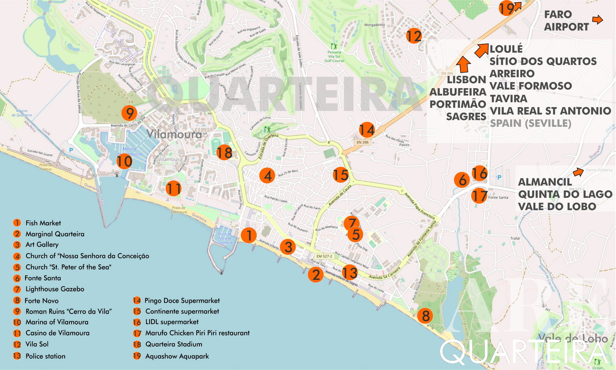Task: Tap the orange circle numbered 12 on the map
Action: pos(414,36)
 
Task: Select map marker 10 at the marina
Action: pos(125,162)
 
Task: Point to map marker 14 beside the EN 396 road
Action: pos(367,130)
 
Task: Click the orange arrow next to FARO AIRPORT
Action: pos(597,19)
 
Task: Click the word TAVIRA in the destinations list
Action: pos(508,98)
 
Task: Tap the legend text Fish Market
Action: pos(43,223)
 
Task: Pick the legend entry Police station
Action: pos(45,356)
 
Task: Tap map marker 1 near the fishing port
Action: pos(249,235)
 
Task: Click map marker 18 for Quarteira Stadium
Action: pos(224,152)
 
